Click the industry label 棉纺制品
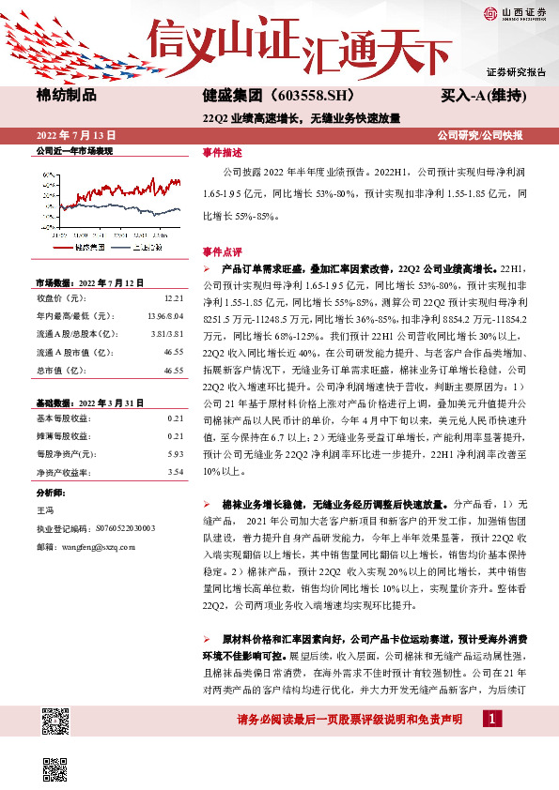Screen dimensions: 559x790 tap(66, 95)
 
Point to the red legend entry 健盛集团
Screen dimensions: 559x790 tap(89, 246)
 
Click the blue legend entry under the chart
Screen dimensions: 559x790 tap(148, 246)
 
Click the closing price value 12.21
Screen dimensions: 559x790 tap(173, 296)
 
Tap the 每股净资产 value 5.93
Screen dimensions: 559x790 tap(174, 454)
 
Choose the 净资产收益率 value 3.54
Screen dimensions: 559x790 tap(174, 472)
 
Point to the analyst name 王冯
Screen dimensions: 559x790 tap(44, 509)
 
